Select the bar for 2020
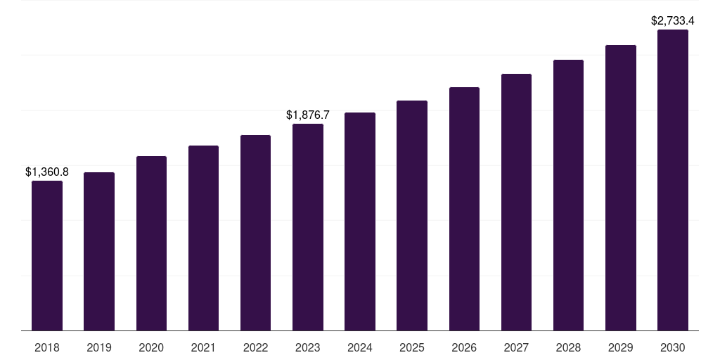tap(151, 243)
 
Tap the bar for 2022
tap(255, 233)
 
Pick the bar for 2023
tap(308, 227)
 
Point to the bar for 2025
tap(412, 215)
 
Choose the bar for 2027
tap(516, 202)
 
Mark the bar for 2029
tap(621, 188)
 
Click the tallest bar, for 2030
tap(673, 180)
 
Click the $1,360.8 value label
tap(47, 172)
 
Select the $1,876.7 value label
tap(308, 115)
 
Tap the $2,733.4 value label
tap(673, 21)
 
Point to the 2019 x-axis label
tap(99, 347)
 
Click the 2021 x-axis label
tap(203, 347)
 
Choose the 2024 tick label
tap(360, 347)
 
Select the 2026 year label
tap(464, 347)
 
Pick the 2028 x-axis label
tap(568, 347)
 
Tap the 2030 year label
tap(673, 347)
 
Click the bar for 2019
tap(99, 251)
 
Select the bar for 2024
tap(360, 221)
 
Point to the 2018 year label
tap(47, 347)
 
